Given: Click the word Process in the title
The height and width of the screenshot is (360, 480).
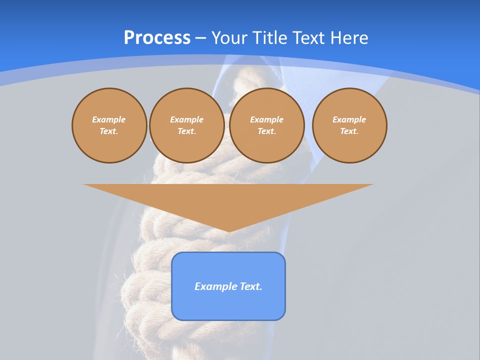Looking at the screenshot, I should (157, 38).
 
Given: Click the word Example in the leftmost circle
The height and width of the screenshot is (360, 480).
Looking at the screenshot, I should (109, 119).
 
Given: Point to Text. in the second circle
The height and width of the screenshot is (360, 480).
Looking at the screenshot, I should (186, 131).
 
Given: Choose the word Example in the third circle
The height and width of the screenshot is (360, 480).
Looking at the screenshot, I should (266, 119).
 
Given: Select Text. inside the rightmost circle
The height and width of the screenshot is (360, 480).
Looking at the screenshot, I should (349, 131).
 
